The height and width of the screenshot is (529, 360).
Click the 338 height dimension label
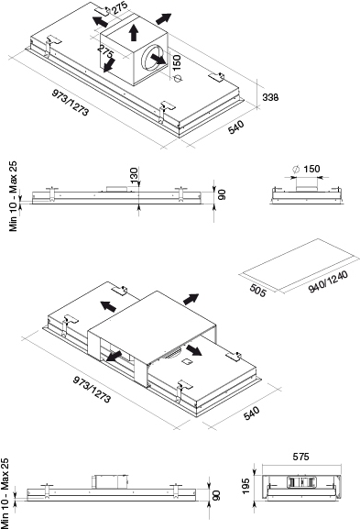[x=270, y=97]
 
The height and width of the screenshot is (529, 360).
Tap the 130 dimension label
[x=134, y=175]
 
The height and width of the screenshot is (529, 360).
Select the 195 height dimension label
[x=245, y=486]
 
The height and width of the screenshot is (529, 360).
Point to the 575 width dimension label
[x=300, y=457]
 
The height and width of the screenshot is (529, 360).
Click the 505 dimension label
[x=258, y=291]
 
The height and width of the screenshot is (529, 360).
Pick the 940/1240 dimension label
[x=328, y=281]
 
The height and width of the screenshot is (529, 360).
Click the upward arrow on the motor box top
[x=134, y=32]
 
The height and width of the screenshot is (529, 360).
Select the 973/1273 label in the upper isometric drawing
[x=71, y=102]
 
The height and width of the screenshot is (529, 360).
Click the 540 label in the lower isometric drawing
[x=251, y=413]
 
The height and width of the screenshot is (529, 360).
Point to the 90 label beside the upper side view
[x=222, y=194]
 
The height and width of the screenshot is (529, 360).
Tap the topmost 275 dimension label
[x=120, y=7]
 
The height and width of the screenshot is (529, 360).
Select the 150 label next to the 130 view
[x=311, y=169]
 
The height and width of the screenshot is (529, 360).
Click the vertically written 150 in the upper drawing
[x=176, y=62]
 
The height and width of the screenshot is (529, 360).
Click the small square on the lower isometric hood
[x=186, y=362]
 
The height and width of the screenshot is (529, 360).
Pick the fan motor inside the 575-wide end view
[x=301, y=481]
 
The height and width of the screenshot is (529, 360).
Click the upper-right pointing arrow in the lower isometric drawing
[x=191, y=299]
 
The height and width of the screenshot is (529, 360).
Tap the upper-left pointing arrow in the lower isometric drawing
[x=108, y=305]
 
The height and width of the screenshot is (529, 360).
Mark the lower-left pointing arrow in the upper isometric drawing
[x=109, y=65]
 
